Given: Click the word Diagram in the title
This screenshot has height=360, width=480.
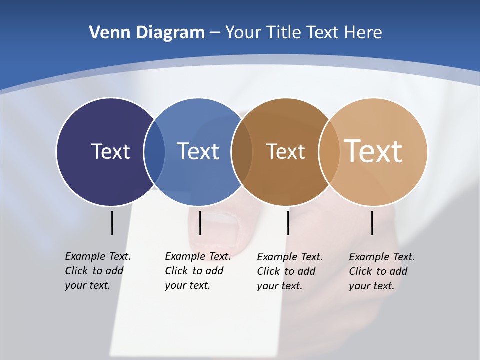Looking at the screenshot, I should pyautogui.click(x=170, y=33).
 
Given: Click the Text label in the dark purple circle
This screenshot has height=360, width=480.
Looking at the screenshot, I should pyautogui.click(x=110, y=151).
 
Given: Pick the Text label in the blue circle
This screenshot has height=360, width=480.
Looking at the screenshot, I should pyautogui.click(x=198, y=151).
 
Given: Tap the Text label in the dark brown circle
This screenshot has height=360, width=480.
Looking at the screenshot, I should pyautogui.click(x=285, y=151).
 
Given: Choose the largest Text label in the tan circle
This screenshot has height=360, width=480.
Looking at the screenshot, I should pyautogui.click(x=373, y=151).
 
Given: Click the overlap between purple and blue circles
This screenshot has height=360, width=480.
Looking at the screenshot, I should pyautogui.click(x=154, y=152).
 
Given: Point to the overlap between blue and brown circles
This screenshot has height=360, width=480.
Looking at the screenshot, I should pyautogui.click(x=242, y=152).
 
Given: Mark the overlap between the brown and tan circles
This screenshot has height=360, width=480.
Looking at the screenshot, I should pyautogui.click(x=329, y=152).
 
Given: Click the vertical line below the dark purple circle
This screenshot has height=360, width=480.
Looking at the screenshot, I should pyautogui.click(x=112, y=223).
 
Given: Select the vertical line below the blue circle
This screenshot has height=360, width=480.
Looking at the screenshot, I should pyautogui.click(x=200, y=223).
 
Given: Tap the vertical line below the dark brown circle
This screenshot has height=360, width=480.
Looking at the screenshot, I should pyautogui.click(x=288, y=223).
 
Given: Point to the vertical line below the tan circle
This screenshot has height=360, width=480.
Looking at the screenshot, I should pyautogui.click(x=372, y=223).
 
